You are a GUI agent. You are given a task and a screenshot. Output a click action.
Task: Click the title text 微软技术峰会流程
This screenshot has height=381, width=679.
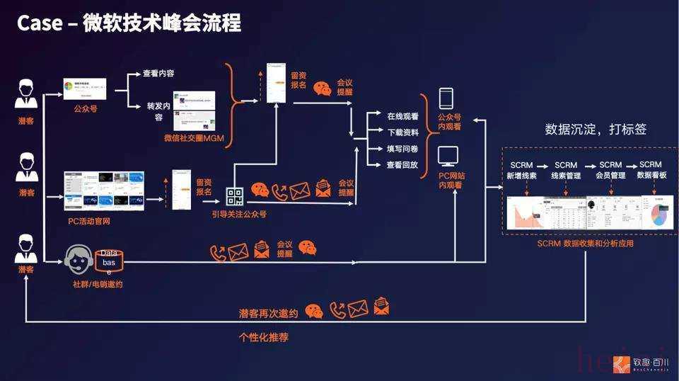[162, 23]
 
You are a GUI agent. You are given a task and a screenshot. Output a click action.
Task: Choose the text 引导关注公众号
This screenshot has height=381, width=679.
[239, 213]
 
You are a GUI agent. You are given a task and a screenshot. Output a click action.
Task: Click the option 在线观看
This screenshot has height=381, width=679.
[402, 115]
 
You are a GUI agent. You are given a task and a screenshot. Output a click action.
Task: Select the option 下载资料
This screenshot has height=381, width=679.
[402, 132]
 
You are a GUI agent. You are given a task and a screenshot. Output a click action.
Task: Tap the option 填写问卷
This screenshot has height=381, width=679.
[402, 149]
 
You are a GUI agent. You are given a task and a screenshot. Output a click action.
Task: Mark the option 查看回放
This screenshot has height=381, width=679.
[402, 165]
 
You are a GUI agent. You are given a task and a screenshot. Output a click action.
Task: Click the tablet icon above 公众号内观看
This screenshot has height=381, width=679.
[446, 98]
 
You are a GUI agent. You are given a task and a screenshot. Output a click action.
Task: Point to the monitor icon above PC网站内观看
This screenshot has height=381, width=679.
[448, 155]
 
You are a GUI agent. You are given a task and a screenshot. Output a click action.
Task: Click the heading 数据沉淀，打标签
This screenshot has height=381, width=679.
[596, 130]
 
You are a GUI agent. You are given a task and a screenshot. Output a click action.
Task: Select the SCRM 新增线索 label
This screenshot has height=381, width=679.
[521, 170]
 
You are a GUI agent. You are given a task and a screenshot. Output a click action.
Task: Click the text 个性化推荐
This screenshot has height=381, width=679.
[264, 338]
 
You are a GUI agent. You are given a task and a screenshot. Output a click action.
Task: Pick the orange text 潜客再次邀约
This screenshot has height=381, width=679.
[269, 312]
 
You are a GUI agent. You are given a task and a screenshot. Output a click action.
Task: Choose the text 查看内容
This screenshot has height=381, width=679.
[160, 73]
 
